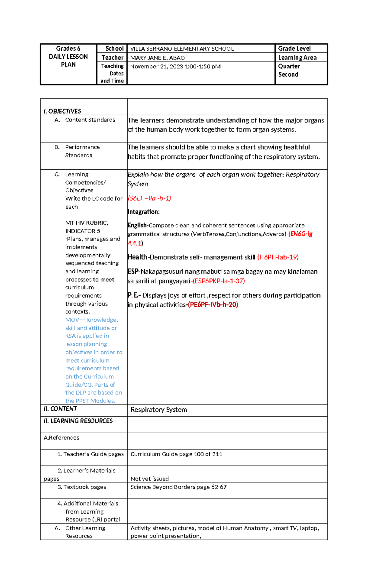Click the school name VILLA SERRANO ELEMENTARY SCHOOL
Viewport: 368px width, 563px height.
coord(182,49)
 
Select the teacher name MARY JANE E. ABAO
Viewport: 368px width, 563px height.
coord(157,58)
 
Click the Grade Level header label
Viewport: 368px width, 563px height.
coord(294,48)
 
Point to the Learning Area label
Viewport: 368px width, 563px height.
coord(297,57)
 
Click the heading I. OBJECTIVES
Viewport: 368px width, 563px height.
coord(62,111)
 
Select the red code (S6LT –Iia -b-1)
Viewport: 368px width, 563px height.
coord(149,198)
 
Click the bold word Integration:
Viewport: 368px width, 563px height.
coord(144,212)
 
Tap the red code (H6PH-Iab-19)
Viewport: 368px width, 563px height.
coord(278,257)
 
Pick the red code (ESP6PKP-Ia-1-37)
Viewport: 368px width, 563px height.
coord(219,281)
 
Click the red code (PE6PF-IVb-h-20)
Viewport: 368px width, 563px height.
coord(213,305)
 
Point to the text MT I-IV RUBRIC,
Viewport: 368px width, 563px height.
coord(86,223)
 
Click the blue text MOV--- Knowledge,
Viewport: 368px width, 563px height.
coord(91,320)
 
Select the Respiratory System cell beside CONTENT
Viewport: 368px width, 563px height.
coord(159,410)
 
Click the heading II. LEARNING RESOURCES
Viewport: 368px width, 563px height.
coord(78,421)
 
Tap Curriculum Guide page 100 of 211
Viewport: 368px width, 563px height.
coord(176,454)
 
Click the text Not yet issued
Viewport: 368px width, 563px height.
coord(150,479)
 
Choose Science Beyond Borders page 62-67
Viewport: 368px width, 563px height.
coord(178,487)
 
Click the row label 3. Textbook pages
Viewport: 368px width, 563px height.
coord(82,487)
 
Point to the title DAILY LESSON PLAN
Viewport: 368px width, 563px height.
coord(68,60)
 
